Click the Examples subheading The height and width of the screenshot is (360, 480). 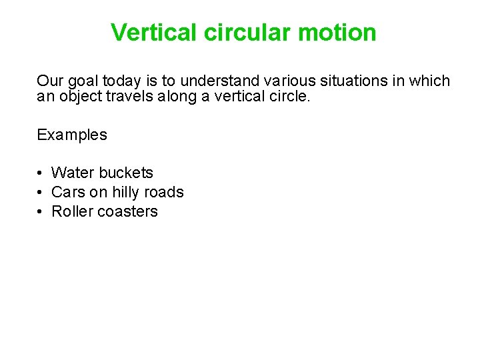(x=72, y=135)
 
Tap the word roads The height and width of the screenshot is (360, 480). (x=166, y=192)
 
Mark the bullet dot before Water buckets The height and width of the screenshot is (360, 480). (x=41, y=173)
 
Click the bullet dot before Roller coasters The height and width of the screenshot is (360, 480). (x=41, y=212)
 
